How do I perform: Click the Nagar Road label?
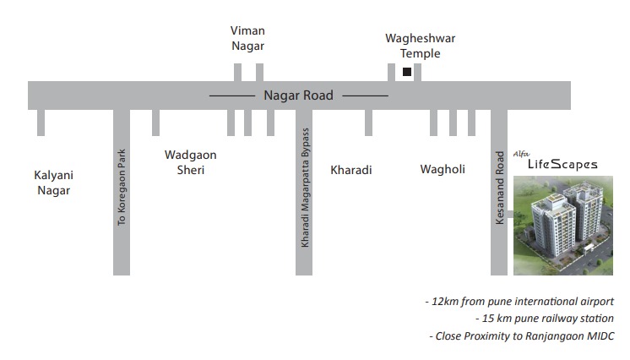click(298, 95)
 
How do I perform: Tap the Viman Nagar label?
click(247, 38)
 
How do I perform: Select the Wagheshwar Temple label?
click(421, 46)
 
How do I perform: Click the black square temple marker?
click(407, 72)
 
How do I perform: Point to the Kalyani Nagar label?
click(53, 183)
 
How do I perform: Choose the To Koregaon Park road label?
click(122, 187)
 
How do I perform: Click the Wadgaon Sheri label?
click(191, 162)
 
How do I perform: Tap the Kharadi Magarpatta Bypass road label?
click(305, 188)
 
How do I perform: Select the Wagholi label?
click(443, 169)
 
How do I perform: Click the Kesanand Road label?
click(499, 188)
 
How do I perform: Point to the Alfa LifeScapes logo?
click(556, 161)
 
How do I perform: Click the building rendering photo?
click(563, 226)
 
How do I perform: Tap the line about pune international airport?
click(519, 302)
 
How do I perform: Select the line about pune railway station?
click(545, 318)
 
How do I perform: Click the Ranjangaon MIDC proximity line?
click(522, 335)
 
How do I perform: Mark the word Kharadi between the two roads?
click(351, 170)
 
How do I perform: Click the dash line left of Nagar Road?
click(232, 96)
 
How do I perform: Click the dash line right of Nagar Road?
click(365, 96)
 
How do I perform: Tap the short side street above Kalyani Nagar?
click(41, 123)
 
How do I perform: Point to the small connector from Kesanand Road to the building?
click(510, 215)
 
